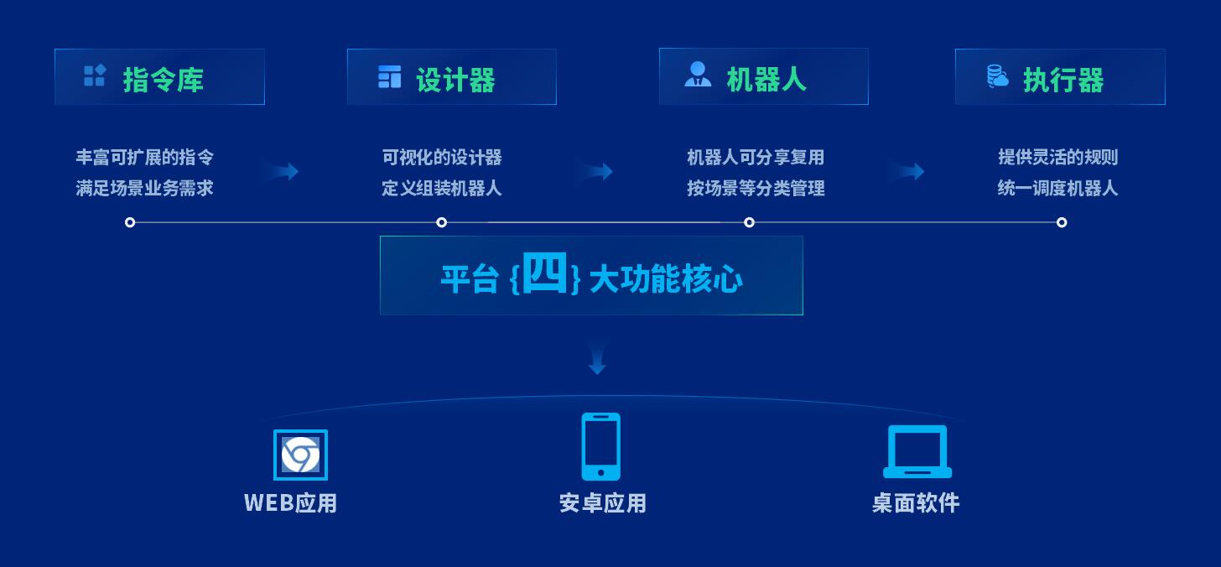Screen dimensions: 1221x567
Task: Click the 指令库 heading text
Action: point(163,80)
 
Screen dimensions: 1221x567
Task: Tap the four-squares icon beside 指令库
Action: point(94,75)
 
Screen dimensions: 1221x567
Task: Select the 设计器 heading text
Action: point(455,80)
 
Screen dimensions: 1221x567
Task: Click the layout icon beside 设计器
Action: point(389,76)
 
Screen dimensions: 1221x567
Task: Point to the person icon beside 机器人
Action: point(698,74)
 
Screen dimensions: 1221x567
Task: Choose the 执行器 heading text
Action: point(1063,80)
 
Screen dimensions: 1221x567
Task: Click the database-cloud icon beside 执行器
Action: point(998,75)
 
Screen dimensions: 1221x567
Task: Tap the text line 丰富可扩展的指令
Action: point(144,157)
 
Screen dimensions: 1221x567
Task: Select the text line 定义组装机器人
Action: point(441,188)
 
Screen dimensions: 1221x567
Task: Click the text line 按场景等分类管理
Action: point(756,188)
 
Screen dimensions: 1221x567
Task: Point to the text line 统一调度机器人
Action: point(1057,188)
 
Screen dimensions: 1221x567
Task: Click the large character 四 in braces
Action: point(544,273)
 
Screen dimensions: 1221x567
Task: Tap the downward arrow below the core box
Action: point(597,357)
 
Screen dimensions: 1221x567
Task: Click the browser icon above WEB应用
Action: point(300,455)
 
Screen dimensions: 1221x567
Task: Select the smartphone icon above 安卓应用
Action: point(600,446)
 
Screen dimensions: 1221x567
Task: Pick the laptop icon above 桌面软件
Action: point(917,451)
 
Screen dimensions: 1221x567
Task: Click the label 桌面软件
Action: point(916,502)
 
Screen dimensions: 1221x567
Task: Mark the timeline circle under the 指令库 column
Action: point(130,222)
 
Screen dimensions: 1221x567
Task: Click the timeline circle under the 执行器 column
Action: point(1062,222)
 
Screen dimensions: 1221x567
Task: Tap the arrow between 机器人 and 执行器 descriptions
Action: point(907,171)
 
